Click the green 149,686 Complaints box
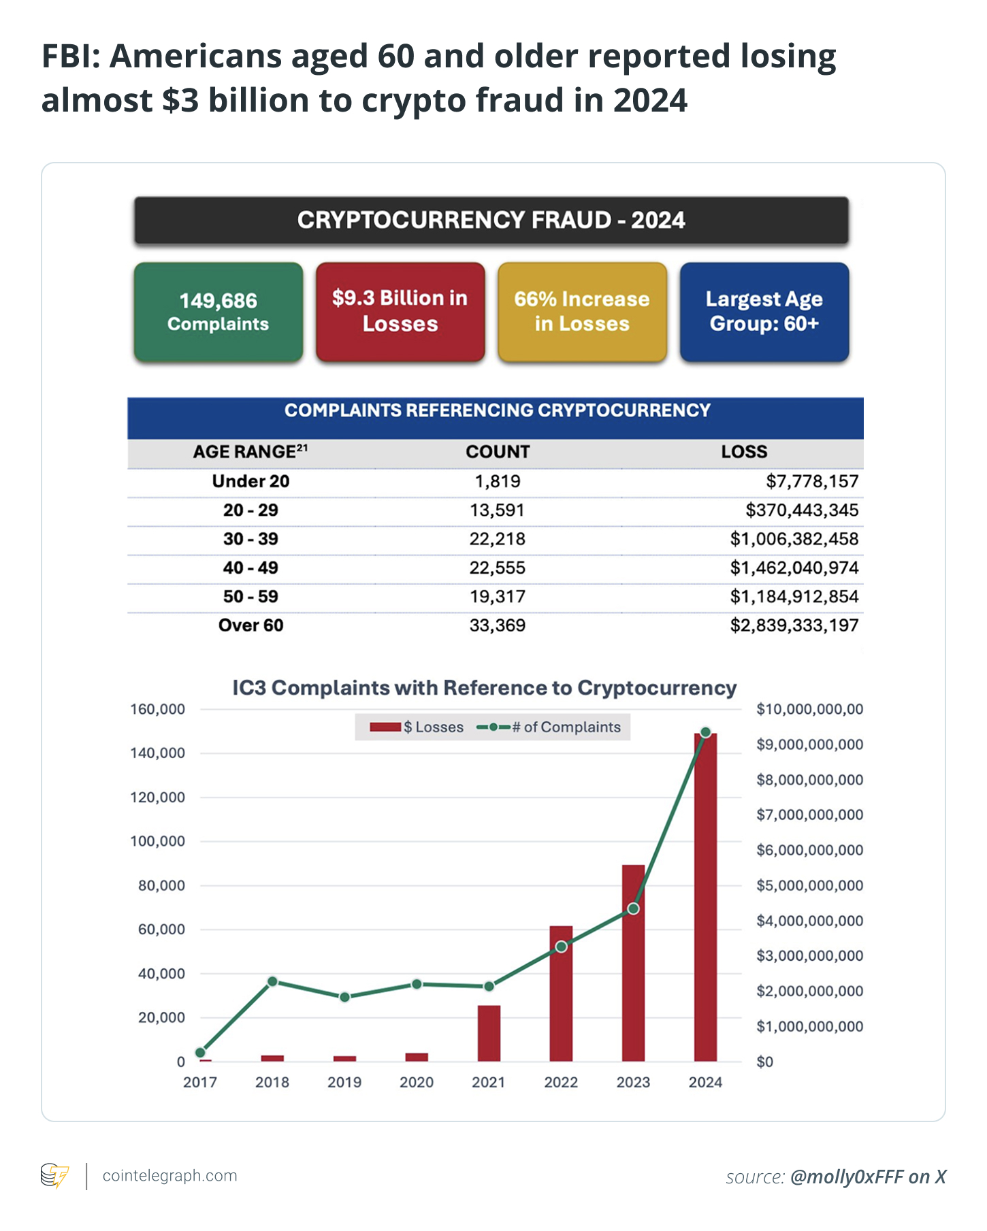[x=219, y=312]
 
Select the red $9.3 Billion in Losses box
[x=400, y=312]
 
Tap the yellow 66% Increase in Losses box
[x=582, y=312]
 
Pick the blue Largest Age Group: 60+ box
[x=764, y=312]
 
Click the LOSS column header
[x=744, y=452]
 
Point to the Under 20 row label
[x=250, y=482]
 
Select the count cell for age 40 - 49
[x=497, y=568]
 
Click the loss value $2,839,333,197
[x=794, y=625]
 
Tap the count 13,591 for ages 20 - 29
[x=497, y=510]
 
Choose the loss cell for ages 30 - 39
[x=794, y=540]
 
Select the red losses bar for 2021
[x=489, y=1034]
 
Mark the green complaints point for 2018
[x=272, y=981]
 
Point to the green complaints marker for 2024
[x=706, y=732]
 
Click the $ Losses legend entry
[x=417, y=727]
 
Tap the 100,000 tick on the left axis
[x=157, y=842]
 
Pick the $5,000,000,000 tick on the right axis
[x=809, y=886]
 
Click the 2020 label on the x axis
[x=417, y=1083]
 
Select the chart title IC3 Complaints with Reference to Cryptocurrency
[x=484, y=688]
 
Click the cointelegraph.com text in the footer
[x=169, y=1176]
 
